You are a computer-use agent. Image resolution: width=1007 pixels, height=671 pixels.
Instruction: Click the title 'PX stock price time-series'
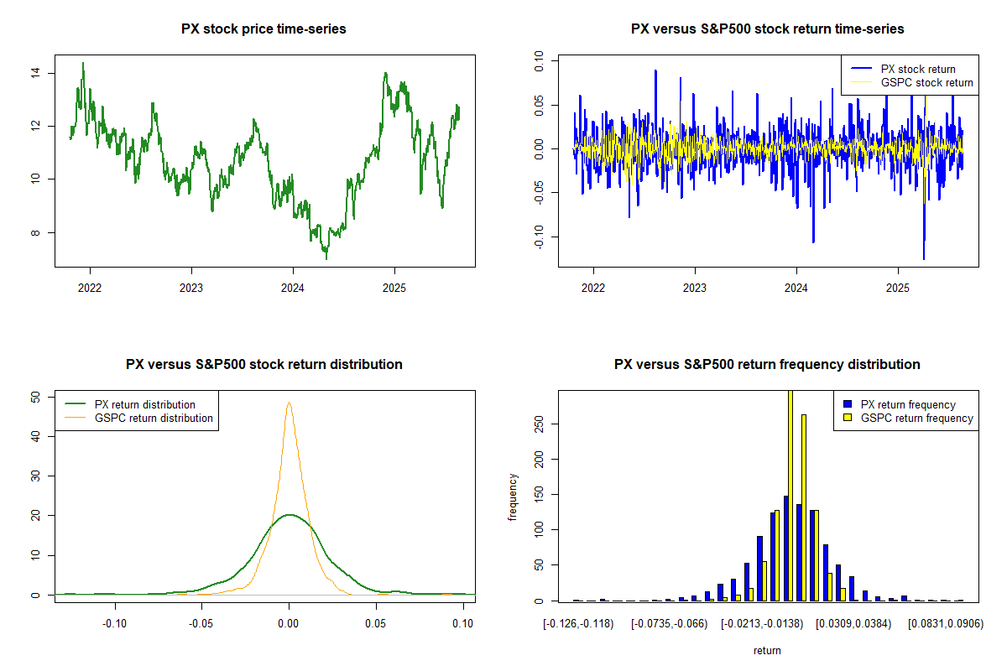coord(263,29)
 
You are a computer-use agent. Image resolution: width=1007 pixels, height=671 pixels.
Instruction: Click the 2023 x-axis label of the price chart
coord(191,284)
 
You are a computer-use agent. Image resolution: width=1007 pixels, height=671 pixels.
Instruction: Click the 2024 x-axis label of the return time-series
coord(796,284)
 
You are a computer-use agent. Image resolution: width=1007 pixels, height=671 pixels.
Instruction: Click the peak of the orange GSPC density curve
coord(289,403)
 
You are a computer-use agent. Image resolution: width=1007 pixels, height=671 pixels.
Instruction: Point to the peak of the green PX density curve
coord(289,515)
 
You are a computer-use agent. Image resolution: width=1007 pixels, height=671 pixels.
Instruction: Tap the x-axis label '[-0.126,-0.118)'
coord(577,624)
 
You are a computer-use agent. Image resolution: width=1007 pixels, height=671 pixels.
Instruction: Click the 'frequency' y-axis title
coord(514,497)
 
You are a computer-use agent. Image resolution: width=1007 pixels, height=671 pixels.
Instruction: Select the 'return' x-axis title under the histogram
coord(767,650)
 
